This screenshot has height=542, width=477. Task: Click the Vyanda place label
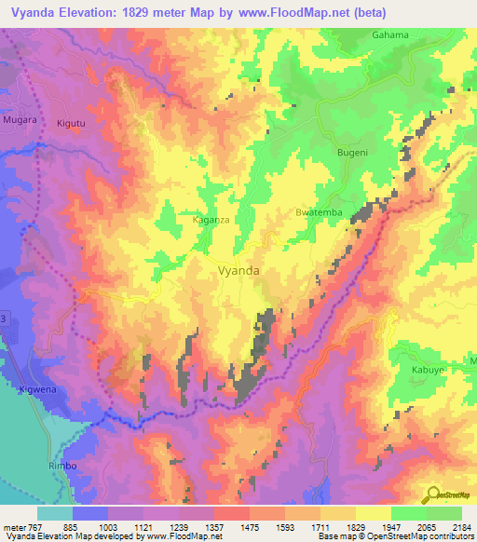[x=238, y=271]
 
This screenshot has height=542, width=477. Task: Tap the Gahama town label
[x=390, y=35]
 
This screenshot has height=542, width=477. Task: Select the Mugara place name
[x=20, y=122]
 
